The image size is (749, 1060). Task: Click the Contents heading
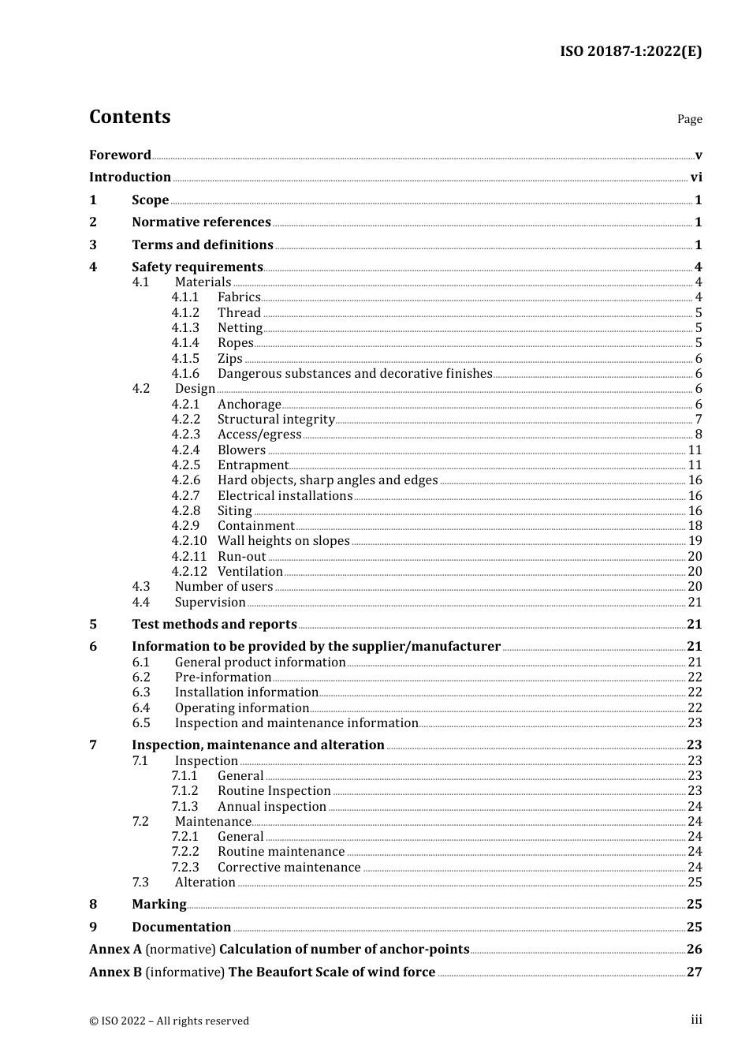pos(129,117)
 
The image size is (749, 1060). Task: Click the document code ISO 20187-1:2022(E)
pos(630,51)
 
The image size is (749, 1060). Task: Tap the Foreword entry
pos(120,155)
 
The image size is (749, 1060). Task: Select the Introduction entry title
pos(130,177)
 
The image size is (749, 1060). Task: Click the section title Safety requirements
pos(197,267)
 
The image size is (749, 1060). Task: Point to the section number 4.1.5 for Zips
pos(185,359)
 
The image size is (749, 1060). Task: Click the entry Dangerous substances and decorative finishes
pos(355,374)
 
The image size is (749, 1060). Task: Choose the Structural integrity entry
pos(276,420)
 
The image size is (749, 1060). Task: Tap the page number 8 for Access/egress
pos(698,435)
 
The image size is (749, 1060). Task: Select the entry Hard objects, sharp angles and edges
pos(327,480)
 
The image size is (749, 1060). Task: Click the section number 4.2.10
pos(188,541)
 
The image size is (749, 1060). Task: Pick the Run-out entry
pos(241,557)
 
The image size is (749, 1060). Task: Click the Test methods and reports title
pos(214,625)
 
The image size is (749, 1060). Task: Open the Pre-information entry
pos(223,677)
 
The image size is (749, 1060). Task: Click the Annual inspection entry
pos(272,807)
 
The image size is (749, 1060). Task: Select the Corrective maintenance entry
pos(289,868)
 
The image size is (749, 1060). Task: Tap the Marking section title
pos(159,905)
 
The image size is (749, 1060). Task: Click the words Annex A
pos(115,950)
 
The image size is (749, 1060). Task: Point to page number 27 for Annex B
pos(694,972)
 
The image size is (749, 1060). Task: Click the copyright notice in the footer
pos(169,1021)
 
